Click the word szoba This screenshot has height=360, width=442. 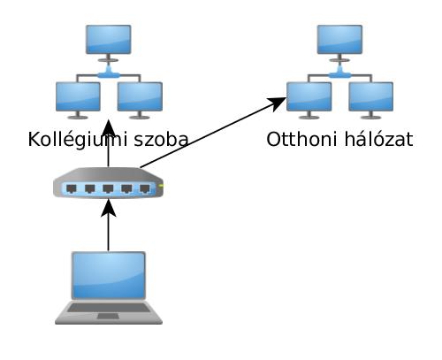click(161, 139)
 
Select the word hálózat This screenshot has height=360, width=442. click(379, 139)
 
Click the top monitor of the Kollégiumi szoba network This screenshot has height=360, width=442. click(109, 40)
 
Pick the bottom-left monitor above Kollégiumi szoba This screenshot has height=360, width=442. click(78, 96)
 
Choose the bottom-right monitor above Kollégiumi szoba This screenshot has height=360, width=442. click(140, 96)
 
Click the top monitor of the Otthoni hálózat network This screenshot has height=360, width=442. click(339, 40)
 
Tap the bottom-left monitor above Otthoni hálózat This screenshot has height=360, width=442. click(309, 96)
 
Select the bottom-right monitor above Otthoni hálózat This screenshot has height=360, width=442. click(371, 96)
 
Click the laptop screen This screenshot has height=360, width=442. click(109, 275)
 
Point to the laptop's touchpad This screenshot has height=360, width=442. click(109, 317)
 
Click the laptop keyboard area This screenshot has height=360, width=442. click(109, 308)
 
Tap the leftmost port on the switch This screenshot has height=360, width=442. click(72, 188)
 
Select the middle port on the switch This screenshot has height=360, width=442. click(108, 188)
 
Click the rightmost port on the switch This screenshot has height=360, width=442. click(145, 188)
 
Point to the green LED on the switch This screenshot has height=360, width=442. click(161, 186)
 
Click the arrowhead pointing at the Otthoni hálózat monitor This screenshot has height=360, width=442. click(277, 102)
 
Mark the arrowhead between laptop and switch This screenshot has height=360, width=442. click(109, 208)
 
